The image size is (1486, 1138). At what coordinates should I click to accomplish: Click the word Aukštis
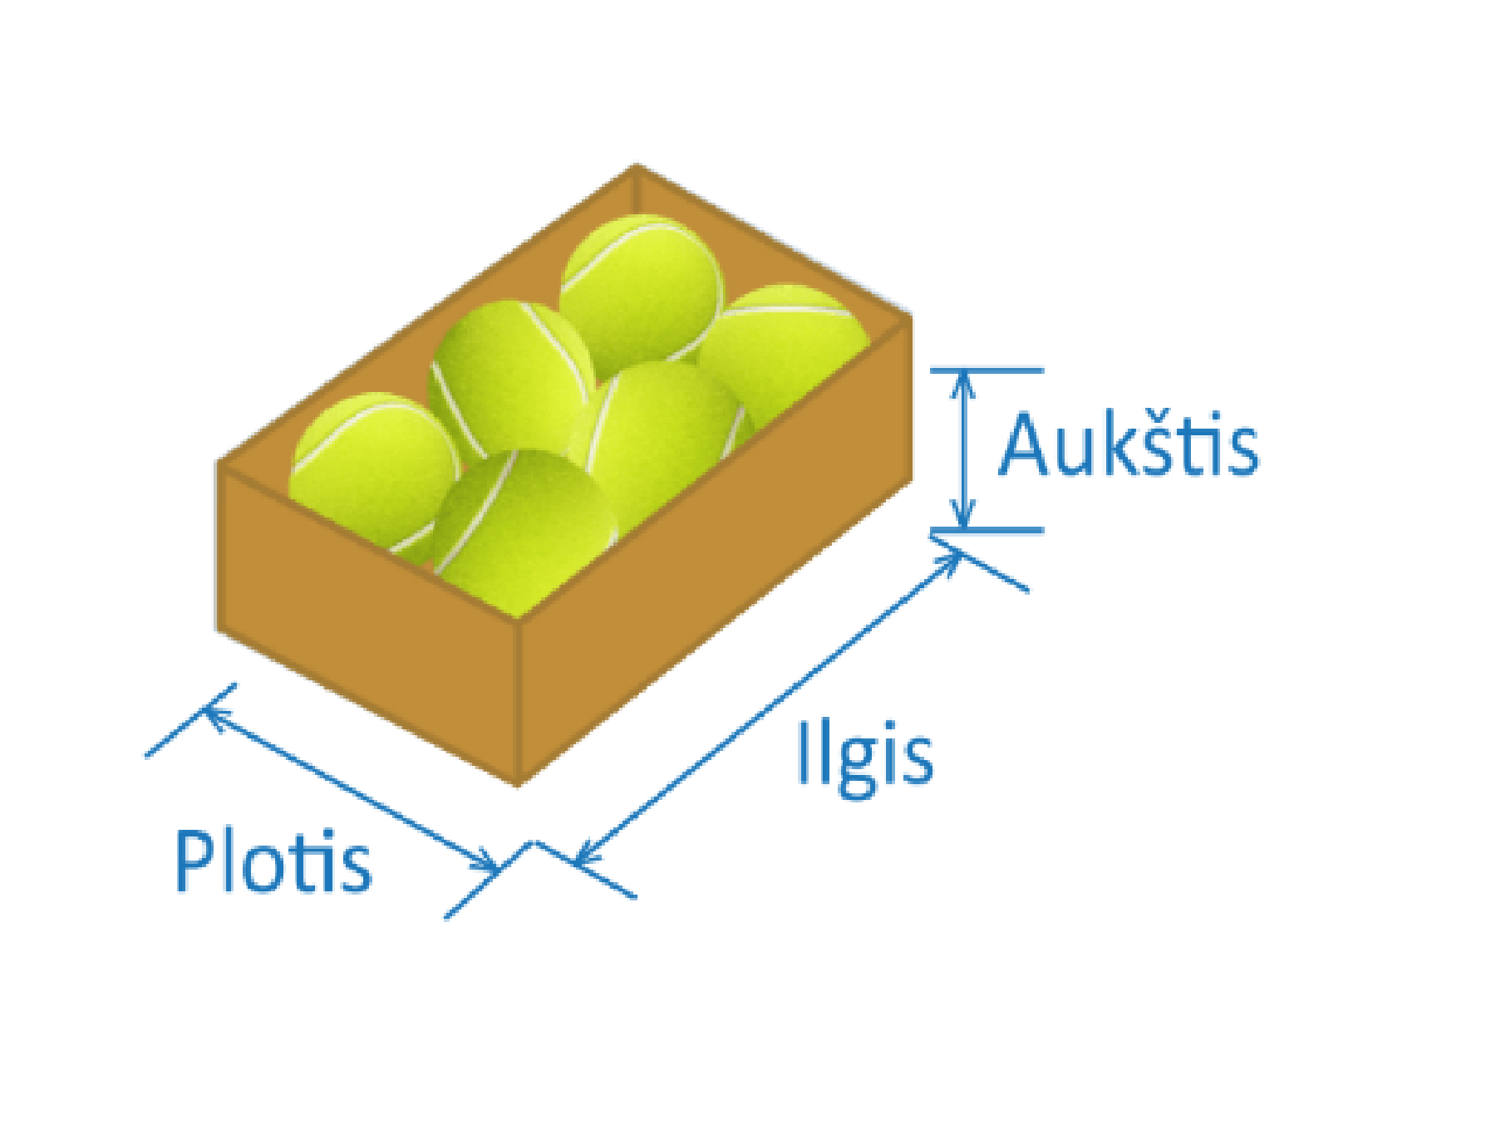[1128, 446]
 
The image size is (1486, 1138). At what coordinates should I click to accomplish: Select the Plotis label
[273, 861]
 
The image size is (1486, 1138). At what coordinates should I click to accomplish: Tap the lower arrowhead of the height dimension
[962, 519]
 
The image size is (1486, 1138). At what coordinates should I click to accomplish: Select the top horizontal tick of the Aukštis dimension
[987, 370]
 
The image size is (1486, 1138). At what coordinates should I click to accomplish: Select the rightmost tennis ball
[785, 349]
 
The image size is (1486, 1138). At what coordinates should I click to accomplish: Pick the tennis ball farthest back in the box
[640, 287]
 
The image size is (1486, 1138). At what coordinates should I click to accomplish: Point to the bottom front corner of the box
[517, 781]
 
